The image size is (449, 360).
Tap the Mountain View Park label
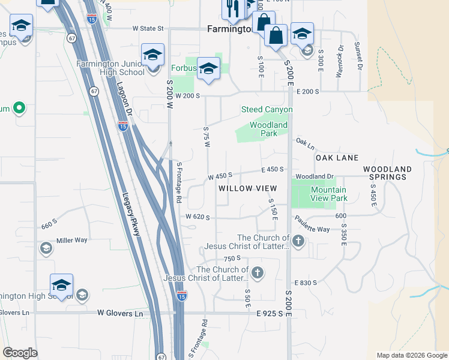pyautogui.click(x=329, y=194)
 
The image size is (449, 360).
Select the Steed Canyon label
pyautogui.click(x=267, y=109)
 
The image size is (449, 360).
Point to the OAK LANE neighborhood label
pyautogui.click(x=337, y=158)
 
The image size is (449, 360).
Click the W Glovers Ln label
pyautogui.click(x=121, y=313)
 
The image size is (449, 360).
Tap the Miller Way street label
pyautogui.click(x=71, y=240)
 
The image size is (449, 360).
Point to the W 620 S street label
pyautogui.click(x=197, y=217)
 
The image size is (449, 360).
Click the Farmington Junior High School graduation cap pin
pyautogui.click(x=152, y=55)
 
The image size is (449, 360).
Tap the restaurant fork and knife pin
pyautogui.click(x=231, y=8)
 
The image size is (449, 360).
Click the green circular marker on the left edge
pyautogui.click(x=19, y=109)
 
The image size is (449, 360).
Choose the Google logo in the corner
pyautogui.click(x=20, y=353)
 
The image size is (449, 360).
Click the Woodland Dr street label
pyautogui.click(x=314, y=176)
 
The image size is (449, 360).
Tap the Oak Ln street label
pyautogui.click(x=305, y=142)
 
